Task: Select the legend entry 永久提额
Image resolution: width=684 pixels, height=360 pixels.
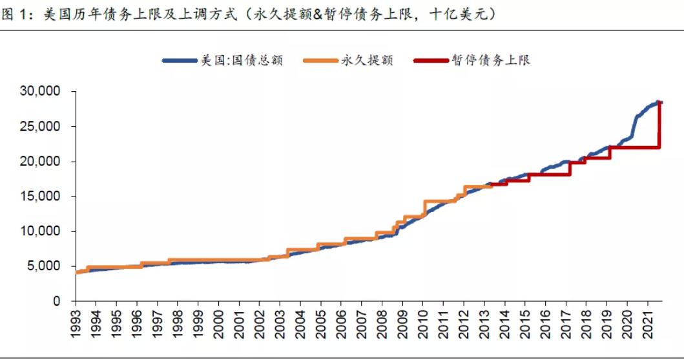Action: (x=366, y=61)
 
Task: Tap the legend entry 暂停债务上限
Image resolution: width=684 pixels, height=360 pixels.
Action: (x=492, y=61)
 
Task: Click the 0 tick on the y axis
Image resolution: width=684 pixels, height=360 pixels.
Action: (x=57, y=301)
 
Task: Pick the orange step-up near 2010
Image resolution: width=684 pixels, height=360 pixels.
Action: (x=424, y=208)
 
